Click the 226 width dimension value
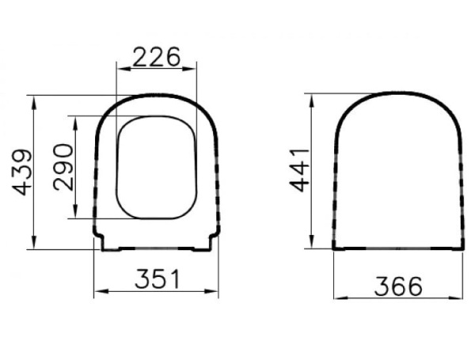(156, 56)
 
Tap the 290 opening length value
(63, 167)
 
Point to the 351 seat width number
(156, 279)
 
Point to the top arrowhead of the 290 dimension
(74, 120)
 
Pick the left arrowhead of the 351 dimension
(98, 291)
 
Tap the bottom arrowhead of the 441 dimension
(311, 244)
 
